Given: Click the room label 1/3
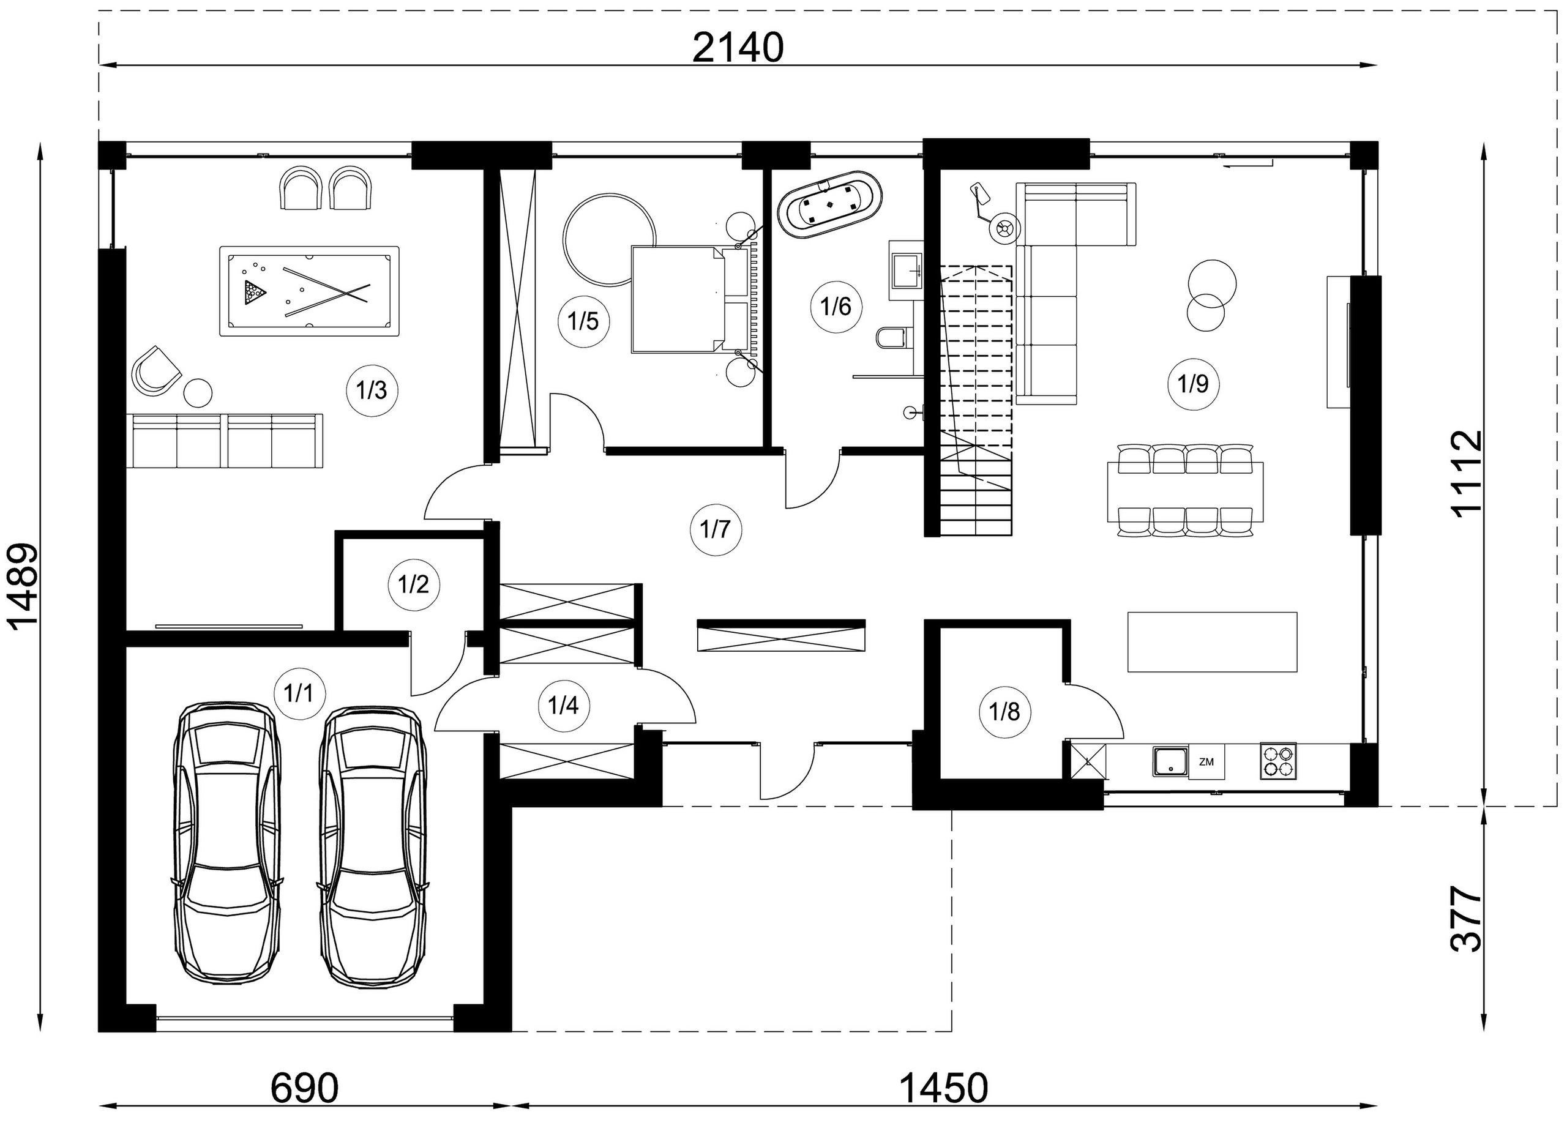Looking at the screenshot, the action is (372, 390).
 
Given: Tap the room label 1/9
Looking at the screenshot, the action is (1193, 384).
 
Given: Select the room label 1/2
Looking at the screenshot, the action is (413, 584).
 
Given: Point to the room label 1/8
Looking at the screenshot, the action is (1004, 712).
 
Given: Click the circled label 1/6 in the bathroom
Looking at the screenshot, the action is (836, 306).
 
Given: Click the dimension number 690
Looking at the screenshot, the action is (304, 1089).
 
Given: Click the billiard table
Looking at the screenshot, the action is (310, 291).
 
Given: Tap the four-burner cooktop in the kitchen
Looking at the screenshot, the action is (1277, 761).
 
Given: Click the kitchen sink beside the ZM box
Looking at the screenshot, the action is (1170, 761).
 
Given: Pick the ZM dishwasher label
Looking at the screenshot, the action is (1206, 762).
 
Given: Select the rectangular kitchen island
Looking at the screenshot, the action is (1213, 642).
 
